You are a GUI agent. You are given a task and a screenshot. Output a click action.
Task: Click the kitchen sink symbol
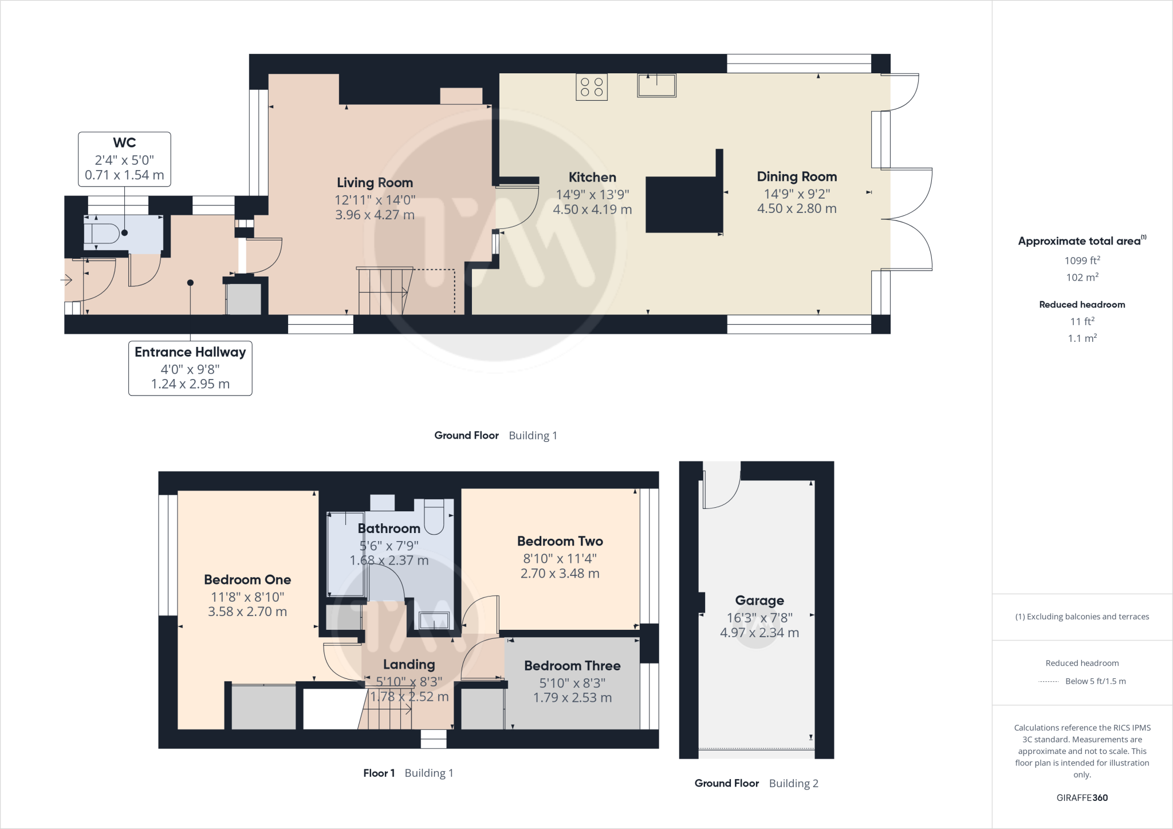click(656, 86)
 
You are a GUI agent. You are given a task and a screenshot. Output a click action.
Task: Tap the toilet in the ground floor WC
click(101, 234)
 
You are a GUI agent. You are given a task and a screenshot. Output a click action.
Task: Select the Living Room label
click(375, 183)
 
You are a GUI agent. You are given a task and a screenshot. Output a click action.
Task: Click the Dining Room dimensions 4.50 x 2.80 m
click(796, 209)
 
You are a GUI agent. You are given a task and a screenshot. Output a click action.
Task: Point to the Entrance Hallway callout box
click(190, 368)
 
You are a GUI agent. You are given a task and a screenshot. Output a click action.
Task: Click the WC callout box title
click(124, 143)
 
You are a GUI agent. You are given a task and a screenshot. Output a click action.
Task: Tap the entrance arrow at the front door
click(66, 280)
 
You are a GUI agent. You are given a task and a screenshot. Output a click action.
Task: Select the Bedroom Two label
click(560, 541)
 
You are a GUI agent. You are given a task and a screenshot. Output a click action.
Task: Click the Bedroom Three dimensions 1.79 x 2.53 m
click(572, 698)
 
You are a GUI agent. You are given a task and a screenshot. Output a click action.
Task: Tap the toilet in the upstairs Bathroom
click(434, 516)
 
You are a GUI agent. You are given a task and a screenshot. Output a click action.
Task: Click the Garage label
click(759, 601)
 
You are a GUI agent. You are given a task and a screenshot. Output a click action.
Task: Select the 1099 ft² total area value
click(1082, 260)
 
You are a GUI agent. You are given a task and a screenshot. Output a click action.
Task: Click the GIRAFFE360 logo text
click(1082, 798)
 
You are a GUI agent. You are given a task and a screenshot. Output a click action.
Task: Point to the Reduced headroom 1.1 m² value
click(1082, 338)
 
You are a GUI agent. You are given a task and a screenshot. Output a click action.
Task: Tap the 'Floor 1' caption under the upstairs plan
click(379, 773)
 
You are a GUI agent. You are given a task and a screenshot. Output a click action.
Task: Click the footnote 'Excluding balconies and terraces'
click(1082, 617)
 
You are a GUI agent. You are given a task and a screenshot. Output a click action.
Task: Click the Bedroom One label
click(247, 579)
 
